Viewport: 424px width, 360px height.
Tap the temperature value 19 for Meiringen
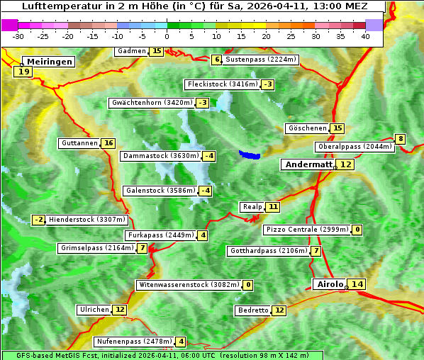[x=23, y=71]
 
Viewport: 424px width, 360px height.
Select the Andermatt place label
[x=308, y=164]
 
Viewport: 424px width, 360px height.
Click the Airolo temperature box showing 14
[x=357, y=284]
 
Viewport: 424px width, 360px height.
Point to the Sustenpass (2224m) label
[x=261, y=60]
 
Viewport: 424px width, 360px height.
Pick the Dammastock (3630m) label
[x=160, y=156]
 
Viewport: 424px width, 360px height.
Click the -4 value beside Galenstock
[x=205, y=191]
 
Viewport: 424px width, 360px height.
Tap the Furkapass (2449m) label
[x=160, y=235]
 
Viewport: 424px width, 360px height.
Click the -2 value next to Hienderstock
[x=40, y=220]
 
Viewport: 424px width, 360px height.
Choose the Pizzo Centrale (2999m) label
[x=307, y=230]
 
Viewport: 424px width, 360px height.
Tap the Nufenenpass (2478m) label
[x=134, y=342]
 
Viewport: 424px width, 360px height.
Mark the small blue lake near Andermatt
[x=250, y=154]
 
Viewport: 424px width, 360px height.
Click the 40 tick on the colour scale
[x=365, y=36]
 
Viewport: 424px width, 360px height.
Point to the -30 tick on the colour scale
[x=18, y=36]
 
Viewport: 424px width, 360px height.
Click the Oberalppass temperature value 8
[x=401, y=139]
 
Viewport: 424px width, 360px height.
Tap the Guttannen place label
[x=79, y=143]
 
